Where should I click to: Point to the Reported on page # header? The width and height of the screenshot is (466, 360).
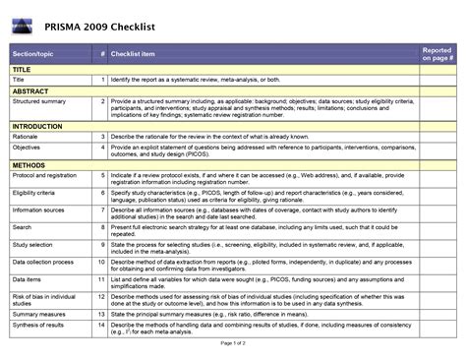(x=437, y=53)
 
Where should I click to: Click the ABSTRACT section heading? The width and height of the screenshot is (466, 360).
(x=29, y=90)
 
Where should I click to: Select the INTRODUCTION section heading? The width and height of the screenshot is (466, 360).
(x=37, y=127)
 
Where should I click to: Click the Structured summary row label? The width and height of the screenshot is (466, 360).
(x=39, y=101)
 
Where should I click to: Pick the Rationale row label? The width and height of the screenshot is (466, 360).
(x=27, y=137)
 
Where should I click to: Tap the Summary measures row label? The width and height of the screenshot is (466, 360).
(x=38, y=313)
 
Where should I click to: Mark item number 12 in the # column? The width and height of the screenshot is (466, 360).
(x=102, y=297)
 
